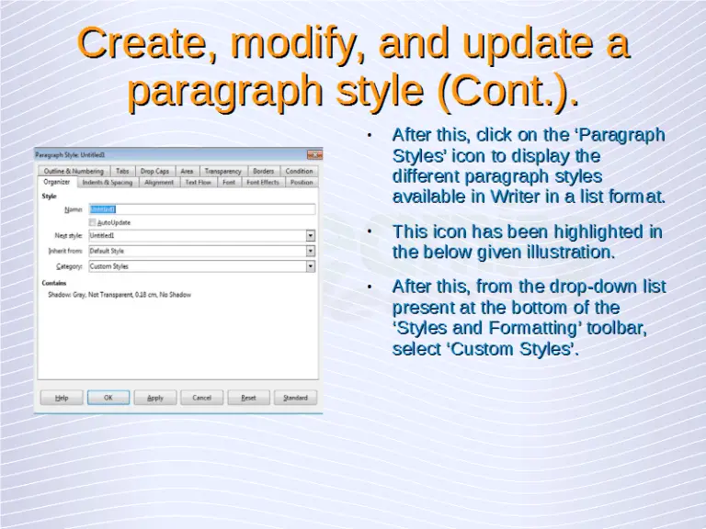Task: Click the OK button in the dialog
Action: coord(108,398)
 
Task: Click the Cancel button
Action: coord(202,398)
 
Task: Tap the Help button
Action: coord(62,398)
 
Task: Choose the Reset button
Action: coord(248,398)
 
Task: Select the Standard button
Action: coord(295,398)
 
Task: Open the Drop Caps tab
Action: coord(154,171)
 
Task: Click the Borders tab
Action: coord(263,171)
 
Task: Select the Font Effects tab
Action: coord(263,183)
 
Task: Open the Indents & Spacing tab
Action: coord(108,183)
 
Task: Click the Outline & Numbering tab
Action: coord(74,171)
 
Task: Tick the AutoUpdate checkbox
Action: coord(92,222)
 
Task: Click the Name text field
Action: coord(200,209)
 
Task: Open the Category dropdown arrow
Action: coord(311,266)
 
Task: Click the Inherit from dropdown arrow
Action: coord(311,251)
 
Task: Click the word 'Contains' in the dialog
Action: coord(54,284)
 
